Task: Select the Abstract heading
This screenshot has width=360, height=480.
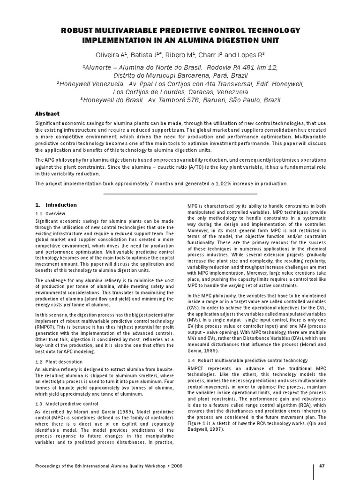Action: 48,113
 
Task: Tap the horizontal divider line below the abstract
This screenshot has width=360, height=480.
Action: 180,194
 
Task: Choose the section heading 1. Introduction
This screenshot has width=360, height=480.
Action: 56,205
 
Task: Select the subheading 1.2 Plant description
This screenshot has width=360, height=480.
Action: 59,362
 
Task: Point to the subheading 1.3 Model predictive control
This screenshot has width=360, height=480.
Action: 67,404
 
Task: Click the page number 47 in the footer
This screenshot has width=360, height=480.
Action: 322,465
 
